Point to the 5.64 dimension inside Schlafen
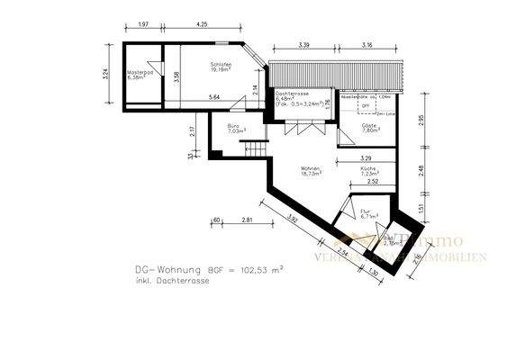[213, 96]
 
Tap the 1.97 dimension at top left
[142, 26]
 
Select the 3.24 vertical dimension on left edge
[106, 71]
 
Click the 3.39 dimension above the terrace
[304, 44]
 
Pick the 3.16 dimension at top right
[367, 44]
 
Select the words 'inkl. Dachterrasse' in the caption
[163, 281]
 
